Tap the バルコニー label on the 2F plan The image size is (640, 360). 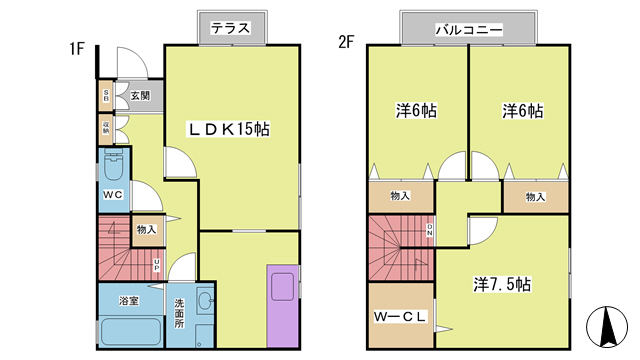467,29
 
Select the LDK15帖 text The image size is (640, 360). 231,128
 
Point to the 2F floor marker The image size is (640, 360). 346,43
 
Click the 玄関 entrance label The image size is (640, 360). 139,97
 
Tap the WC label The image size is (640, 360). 112,195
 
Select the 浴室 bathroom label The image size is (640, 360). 128,299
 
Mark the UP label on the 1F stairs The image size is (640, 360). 156,265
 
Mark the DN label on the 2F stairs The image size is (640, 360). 431,232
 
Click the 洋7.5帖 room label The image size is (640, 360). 502,283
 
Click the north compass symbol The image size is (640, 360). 606,326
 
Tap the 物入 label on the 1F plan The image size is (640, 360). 146,230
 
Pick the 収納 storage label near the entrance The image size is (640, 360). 105,129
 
